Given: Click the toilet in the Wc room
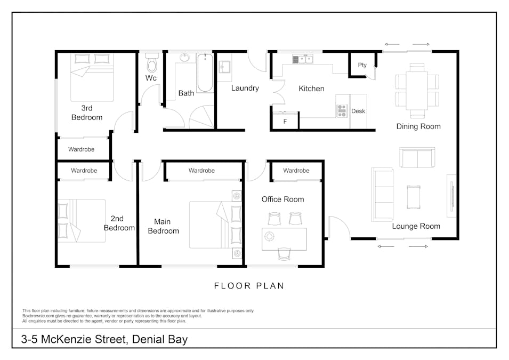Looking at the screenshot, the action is point(151,63).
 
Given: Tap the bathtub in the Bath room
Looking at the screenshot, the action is point(205,73).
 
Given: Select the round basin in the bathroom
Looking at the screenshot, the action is point(185,58).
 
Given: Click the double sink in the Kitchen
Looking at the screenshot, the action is point(303,59).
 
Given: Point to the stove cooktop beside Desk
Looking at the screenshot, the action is point(342,110).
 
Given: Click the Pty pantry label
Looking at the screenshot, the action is point(362,65).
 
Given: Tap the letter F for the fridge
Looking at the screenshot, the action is point(285,122).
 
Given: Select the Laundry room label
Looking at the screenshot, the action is point(245,88).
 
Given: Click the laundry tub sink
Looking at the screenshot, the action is point(224,67).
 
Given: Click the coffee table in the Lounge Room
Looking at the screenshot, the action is point(414,197).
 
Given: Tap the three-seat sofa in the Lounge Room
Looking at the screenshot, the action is point(382,195).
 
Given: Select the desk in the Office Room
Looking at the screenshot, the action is point(284,239).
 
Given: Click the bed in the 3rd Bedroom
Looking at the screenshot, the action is point(92,78).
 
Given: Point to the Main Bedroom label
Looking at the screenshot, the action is point(163,227).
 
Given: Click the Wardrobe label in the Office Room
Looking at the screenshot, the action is point(296,171).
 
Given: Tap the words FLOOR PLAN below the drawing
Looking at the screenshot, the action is point(249,286).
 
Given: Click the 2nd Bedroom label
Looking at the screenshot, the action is point(119,223).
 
